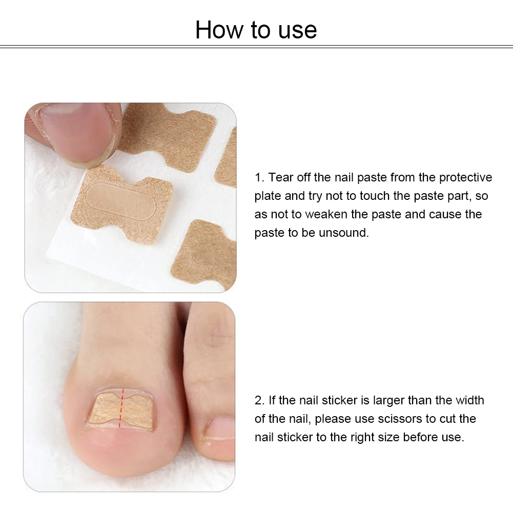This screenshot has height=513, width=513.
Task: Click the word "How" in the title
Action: [x=219, y=30]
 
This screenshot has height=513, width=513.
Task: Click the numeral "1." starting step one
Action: [x=259, y=178]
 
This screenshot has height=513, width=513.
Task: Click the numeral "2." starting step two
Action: [x=260, y=400]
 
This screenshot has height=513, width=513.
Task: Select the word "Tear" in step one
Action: [x=281, y=177]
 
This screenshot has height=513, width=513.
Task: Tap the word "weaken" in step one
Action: [x=326, y=214]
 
